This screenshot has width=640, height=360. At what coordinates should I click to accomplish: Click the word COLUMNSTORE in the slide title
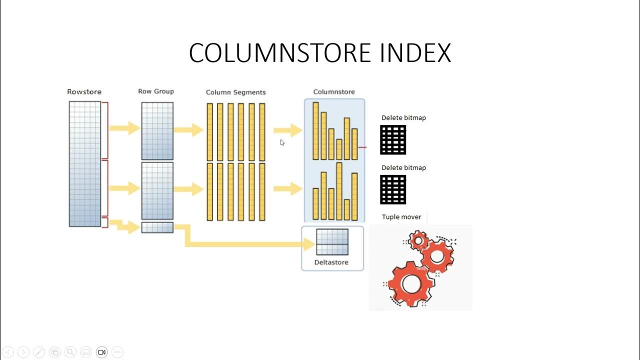(280, 53)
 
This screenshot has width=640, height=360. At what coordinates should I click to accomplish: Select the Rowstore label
(84, 92)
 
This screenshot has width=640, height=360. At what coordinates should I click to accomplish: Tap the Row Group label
(156, 91)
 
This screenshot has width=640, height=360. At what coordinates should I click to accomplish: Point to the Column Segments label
(235, 92)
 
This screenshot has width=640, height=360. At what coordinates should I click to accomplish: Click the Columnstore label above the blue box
(334, 92)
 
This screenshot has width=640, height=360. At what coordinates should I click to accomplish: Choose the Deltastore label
(331, 262)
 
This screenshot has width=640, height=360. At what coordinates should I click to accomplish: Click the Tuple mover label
(401, 217)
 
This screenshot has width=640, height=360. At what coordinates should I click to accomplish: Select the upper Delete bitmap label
(403, 118)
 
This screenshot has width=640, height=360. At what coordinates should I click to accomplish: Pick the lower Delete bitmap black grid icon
(393, 189)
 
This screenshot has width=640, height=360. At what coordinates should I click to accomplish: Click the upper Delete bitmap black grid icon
(393, 140)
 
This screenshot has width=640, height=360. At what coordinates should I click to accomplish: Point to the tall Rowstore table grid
(84, 164)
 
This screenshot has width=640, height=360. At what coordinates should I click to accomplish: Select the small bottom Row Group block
(157, 227)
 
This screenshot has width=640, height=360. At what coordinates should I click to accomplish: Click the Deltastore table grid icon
(332, 242)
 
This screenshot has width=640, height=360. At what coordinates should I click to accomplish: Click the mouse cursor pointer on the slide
(282, 142)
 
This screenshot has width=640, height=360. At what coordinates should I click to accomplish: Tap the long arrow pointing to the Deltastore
(245, 244)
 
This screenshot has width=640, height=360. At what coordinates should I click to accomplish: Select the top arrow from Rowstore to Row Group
(124, 128)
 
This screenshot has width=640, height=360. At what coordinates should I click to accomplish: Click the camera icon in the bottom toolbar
(101, 352)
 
